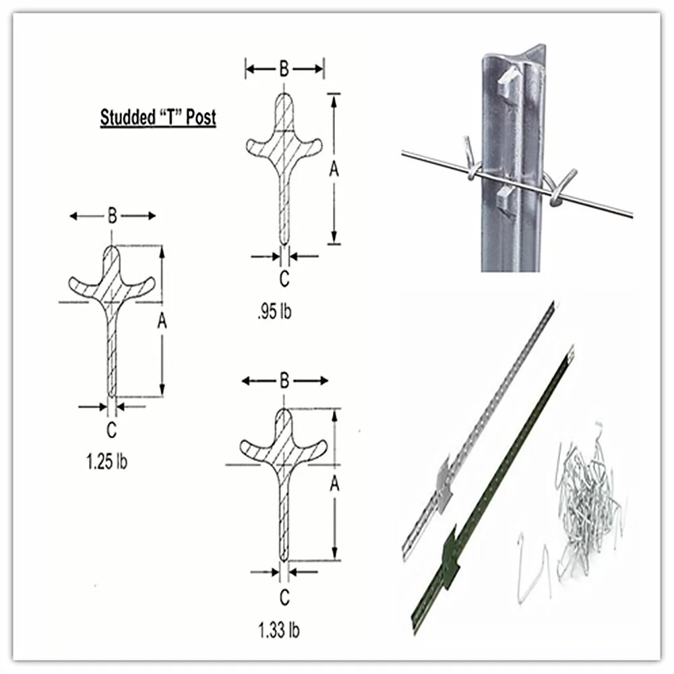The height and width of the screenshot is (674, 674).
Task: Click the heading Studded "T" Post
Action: tap(158, 117)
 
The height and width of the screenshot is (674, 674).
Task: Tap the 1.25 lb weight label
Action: tap(107, 462)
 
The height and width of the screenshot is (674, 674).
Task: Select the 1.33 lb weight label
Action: tap(278, 630)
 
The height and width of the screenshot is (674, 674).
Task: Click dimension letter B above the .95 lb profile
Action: tap(284, 68)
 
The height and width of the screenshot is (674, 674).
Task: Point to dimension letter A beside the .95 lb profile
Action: tap(333, 171)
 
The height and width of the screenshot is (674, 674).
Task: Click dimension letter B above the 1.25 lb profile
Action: tap(112, 216)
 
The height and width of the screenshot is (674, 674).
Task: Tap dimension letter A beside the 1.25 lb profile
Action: tap(162, 322)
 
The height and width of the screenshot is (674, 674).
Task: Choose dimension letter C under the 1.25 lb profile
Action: tap(112, 429)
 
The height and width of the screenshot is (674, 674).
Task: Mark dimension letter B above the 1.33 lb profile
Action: tap(284, 381)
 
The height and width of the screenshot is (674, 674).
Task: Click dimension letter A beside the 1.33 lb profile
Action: tap(334, 483)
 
